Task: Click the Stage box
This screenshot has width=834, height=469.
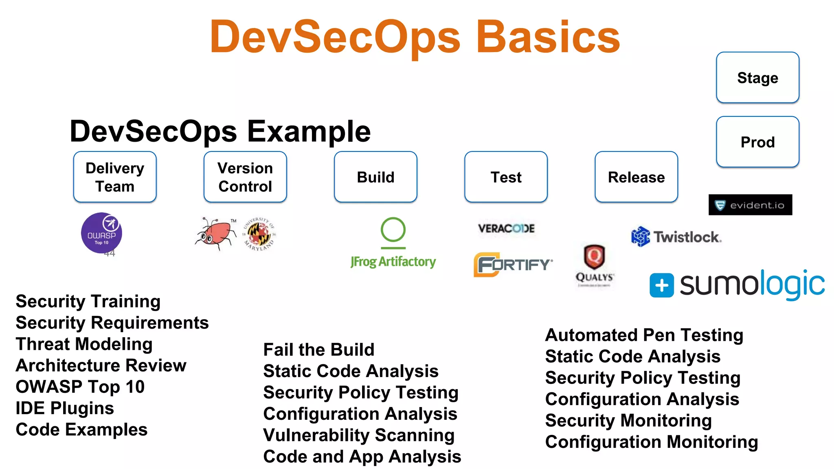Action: (757, 77)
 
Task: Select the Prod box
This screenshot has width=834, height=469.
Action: (757, 142)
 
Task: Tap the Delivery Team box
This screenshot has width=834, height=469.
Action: (115, 177)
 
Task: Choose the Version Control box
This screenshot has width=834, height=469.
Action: (245, 177)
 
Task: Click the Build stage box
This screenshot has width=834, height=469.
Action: (375, 177)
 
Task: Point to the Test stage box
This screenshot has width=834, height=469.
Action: (506, 177)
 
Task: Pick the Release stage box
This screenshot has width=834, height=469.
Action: (636, 177)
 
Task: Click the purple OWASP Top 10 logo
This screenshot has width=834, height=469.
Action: (101, 233)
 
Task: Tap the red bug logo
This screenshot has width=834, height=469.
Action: (216, 234)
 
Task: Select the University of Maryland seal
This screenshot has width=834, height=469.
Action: (259, 234)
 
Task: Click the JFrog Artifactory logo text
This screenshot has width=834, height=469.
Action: (393, 261)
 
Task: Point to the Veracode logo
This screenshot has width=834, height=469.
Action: (506, 228)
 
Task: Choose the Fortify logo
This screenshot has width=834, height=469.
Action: (513, 265)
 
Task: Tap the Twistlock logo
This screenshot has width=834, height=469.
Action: (676, 237)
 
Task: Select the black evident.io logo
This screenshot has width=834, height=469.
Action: (750, 205)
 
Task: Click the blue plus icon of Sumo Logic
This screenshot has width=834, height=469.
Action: (661, 285)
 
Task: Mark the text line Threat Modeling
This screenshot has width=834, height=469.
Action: (84, 344)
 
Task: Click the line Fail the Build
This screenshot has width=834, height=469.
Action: (318, 350)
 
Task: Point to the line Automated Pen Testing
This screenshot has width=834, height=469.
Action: (644, 335)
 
